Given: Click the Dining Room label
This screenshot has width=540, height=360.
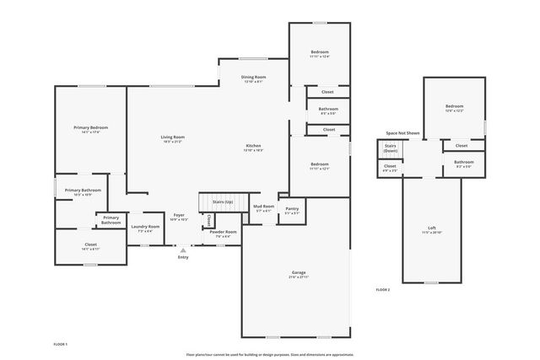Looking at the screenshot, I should tap(255, 78).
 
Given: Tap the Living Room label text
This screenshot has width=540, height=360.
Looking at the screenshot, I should tap(173, 137).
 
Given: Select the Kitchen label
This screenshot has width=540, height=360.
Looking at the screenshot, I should tap(253, 146).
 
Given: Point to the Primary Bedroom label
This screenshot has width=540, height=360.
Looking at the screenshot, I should tap(89, 128).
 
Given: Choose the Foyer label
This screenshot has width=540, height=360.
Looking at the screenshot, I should tap(179, 216).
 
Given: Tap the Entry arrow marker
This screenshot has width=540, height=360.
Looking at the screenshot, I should tap(183, 250).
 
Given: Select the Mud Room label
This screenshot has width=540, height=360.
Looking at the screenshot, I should tap(264, 207).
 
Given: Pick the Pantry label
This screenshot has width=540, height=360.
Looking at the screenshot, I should tap(291, 209).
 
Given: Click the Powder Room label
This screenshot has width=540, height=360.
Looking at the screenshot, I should tap(223, 232).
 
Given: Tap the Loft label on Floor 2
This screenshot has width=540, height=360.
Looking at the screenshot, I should tap(432, 228).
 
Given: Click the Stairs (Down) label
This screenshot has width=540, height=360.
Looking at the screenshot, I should tap(391, 148).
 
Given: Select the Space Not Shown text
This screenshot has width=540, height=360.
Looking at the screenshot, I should tap(402, 133).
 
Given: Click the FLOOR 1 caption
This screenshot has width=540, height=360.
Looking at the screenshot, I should tap(60, 344).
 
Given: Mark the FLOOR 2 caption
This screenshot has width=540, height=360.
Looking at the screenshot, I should tap(383, 289).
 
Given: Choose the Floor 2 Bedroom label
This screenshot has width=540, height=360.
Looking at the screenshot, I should tap(454, 107).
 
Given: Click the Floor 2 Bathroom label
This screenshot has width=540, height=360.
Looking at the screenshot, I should tap(463, 162).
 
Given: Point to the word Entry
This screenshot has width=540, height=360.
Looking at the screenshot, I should tap(183, 257).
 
